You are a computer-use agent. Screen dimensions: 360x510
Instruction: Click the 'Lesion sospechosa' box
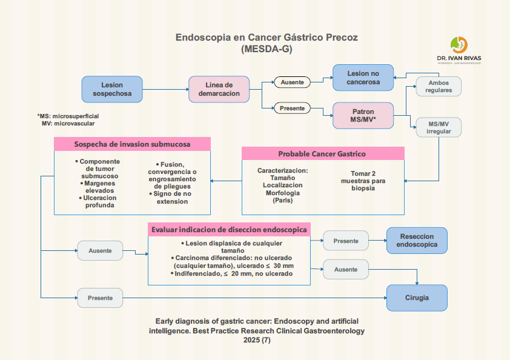coord(112,89)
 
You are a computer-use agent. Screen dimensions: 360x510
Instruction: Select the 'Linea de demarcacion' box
coord(219,89)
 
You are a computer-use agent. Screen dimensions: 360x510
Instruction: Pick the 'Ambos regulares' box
coord(439,86)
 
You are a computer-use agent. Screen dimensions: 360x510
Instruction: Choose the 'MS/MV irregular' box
coord(439,127)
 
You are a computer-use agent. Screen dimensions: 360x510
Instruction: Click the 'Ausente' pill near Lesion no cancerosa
coord(292,82)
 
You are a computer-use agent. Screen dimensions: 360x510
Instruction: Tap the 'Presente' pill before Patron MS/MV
coord(292,108)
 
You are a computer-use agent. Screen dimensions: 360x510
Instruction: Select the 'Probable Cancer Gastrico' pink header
coord(322,154)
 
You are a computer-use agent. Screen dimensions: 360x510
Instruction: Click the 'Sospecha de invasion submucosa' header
coord(132,144)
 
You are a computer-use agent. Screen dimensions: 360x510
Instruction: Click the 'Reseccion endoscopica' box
coord(417,241)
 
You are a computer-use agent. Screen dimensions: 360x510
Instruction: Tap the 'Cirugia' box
coord(417,298)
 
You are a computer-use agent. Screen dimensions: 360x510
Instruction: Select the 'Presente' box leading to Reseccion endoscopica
coord(345,241)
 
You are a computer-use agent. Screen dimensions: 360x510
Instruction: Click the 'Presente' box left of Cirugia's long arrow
coord(100,298)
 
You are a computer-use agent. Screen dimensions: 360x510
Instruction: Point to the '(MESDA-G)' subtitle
coord(267,49)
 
